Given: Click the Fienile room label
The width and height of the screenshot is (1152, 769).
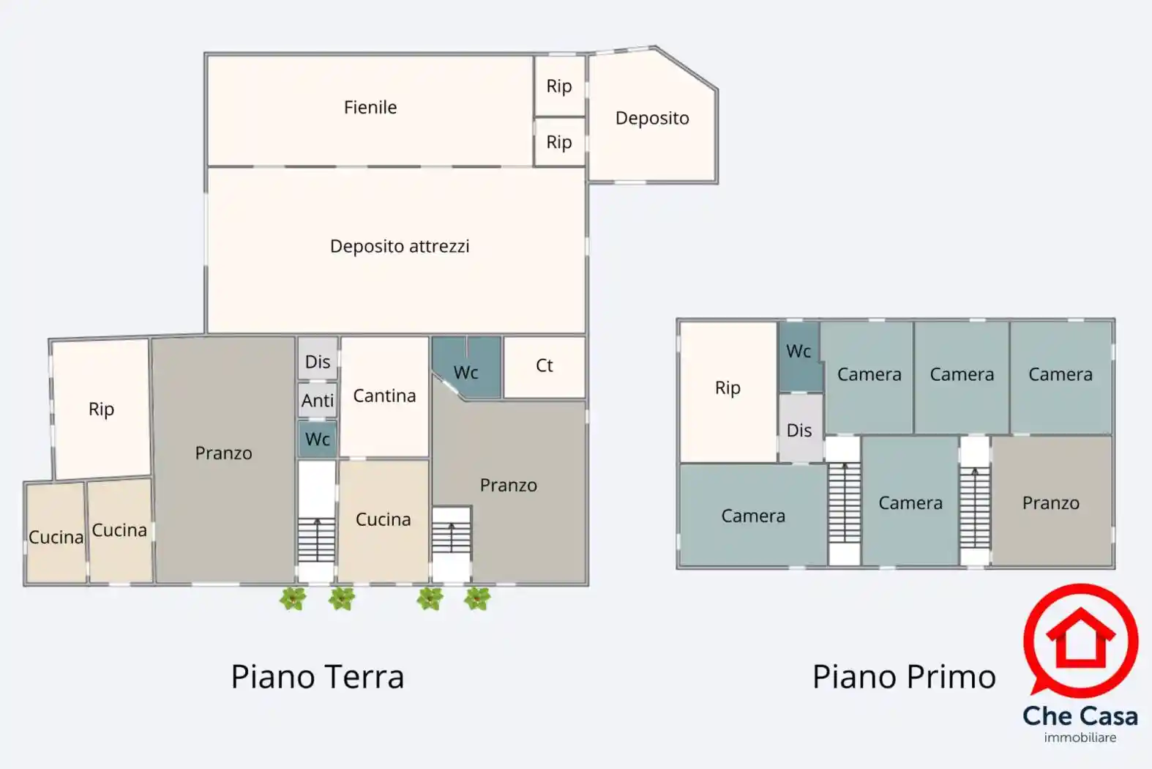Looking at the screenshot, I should [370, 108].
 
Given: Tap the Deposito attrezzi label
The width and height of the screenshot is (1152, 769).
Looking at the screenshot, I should [400, 246].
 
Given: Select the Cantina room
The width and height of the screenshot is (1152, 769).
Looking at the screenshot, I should [384, 396].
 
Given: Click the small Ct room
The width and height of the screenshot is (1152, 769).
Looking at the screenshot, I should [545, 365].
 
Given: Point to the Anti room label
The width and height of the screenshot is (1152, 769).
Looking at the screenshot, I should [318, 401].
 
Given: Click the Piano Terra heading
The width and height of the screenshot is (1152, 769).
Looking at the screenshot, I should [318, 677].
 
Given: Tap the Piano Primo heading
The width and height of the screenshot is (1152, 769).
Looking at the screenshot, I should [904, 677].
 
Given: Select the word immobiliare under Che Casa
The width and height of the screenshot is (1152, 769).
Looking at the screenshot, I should [1080, 738].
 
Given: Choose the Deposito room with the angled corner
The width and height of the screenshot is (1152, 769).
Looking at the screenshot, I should [652, 119].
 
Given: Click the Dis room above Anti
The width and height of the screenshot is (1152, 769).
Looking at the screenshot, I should [318, 361].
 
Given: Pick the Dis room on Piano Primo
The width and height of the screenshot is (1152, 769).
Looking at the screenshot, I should [799, 430].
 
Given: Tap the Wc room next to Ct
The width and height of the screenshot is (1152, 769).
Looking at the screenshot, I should [466, 372].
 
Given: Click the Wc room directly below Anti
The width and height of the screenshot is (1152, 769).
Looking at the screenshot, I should [318, 439].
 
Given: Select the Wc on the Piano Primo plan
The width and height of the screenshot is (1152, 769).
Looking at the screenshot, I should [798, 352].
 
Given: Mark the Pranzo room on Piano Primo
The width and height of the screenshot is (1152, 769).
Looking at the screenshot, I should [1051, 503].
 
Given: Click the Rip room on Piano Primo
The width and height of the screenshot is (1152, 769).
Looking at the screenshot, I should [728, 388].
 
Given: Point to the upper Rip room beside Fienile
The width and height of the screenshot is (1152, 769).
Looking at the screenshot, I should [559, 86].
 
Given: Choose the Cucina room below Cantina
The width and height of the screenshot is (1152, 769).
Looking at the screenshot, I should [383, 520].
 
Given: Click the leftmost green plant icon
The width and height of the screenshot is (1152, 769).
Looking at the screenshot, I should [293, 598].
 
